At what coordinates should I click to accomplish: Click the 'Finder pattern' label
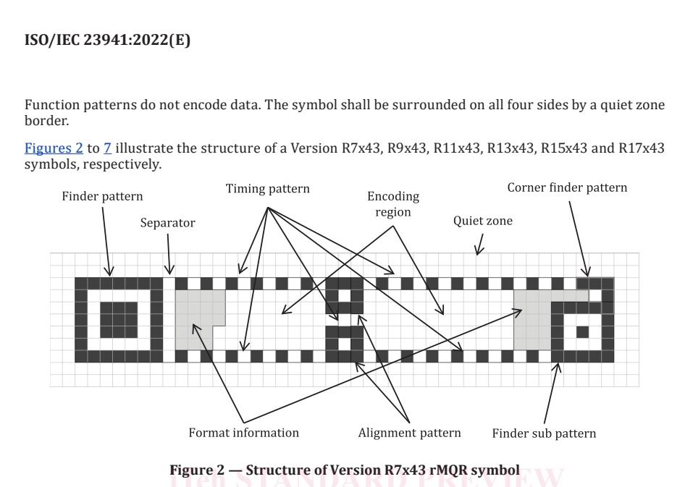click(102, 196)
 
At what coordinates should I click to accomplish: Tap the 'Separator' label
click(167, 223)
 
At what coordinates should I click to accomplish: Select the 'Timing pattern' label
click(267, 189)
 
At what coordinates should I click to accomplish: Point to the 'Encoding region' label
click(393, 204)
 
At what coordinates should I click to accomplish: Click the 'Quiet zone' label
click(482, 221)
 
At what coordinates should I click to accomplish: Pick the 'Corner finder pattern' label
click(567, 187)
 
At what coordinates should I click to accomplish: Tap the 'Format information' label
click(243, 433)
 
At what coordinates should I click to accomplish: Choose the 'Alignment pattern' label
click(409, 433)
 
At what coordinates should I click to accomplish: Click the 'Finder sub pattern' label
click(544, 433)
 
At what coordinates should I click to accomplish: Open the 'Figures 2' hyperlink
click(54, 148)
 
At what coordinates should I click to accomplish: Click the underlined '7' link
click(107, 148)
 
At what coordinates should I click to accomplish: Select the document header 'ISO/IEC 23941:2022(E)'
click(107, 41)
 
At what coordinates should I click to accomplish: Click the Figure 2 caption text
click(344, 470)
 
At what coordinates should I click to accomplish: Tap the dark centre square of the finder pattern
click(118, 320)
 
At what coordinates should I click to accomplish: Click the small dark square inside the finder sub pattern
click(581, 332)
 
